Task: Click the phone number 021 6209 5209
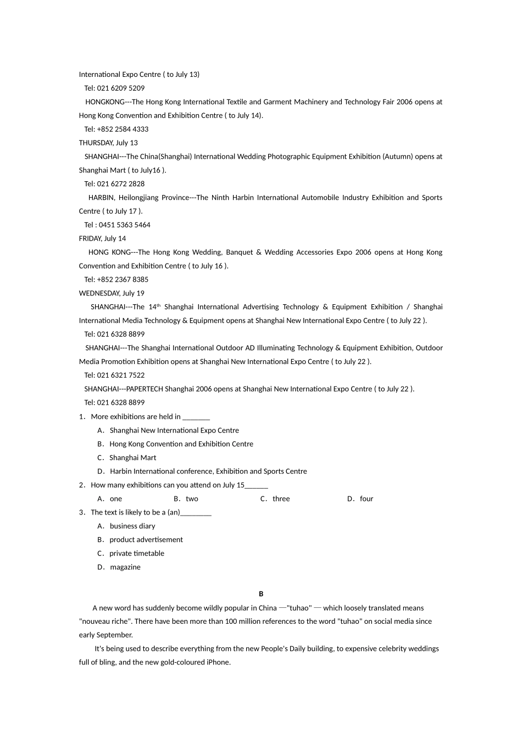(x=121, y=88)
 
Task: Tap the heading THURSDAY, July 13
(x=108, y=143)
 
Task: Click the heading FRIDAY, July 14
(x=102, y=238)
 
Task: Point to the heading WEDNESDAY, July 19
(x=112, y=293)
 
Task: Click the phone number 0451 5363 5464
(x=124, y=225)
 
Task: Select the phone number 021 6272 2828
(x=121, y=184)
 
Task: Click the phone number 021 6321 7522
(x=121, y=375)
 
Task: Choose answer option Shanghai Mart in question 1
(x=132, y=457)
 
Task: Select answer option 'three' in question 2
(x=281, y=499)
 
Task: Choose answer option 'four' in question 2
(x=366, y=499)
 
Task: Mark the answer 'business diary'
(x=132, y=526)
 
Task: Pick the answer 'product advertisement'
(x=146, y=540)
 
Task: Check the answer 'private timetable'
(x=136, y=553)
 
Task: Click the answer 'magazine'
(x=125, y=567)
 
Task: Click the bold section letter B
(x=261, y=594)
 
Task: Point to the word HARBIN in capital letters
(x=101, y=198)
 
